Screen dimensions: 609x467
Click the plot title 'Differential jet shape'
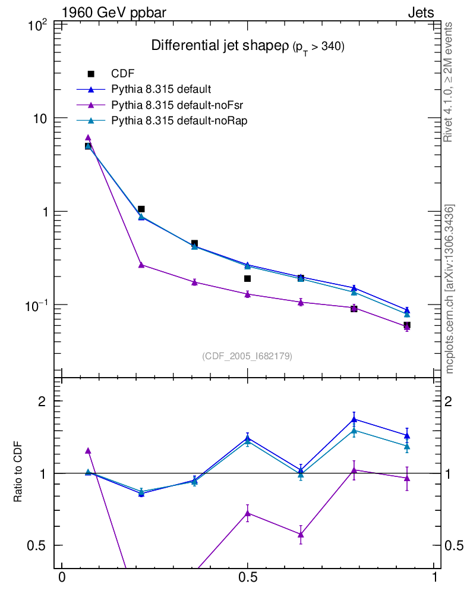(220, 46)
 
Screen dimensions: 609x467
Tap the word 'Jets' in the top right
(420, 12)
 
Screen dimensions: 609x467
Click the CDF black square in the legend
(91, 74)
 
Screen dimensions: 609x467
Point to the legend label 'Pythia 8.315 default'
(161, 89)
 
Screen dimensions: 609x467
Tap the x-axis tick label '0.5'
(247, 577)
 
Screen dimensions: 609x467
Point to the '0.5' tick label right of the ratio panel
(455, 545)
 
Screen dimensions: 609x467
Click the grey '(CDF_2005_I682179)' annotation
(247, 356)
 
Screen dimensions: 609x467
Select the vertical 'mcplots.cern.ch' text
(449, 288)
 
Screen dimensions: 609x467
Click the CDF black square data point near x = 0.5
(247, 278)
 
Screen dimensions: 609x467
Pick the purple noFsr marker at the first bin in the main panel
(88, 137)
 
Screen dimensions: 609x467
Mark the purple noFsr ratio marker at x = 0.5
(247, 513)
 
